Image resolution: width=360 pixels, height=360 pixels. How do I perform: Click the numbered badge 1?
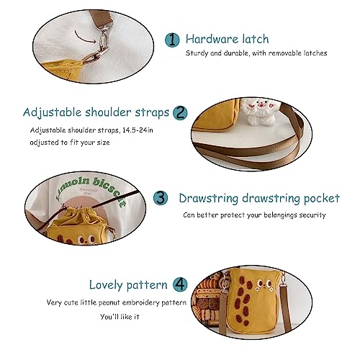(x=172, y=39)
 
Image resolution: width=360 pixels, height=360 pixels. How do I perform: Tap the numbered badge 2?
(x=181, y=112)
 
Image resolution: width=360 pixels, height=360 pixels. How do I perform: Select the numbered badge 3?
(x=163, y=197)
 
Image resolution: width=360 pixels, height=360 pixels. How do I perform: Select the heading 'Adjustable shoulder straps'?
(x=96, y=112)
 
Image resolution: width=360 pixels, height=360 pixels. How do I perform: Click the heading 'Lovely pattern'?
(x=128, y=284)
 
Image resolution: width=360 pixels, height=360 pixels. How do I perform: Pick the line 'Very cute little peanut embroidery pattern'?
(x=119, y=302)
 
